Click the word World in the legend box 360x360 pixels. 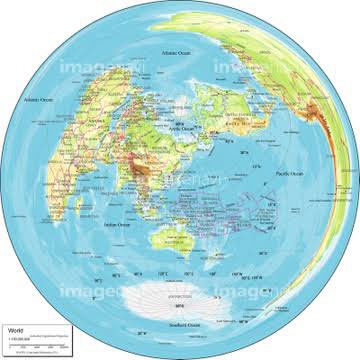click(15, 328)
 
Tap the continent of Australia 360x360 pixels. click(178, 237)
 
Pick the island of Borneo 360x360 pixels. click(175, 200)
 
